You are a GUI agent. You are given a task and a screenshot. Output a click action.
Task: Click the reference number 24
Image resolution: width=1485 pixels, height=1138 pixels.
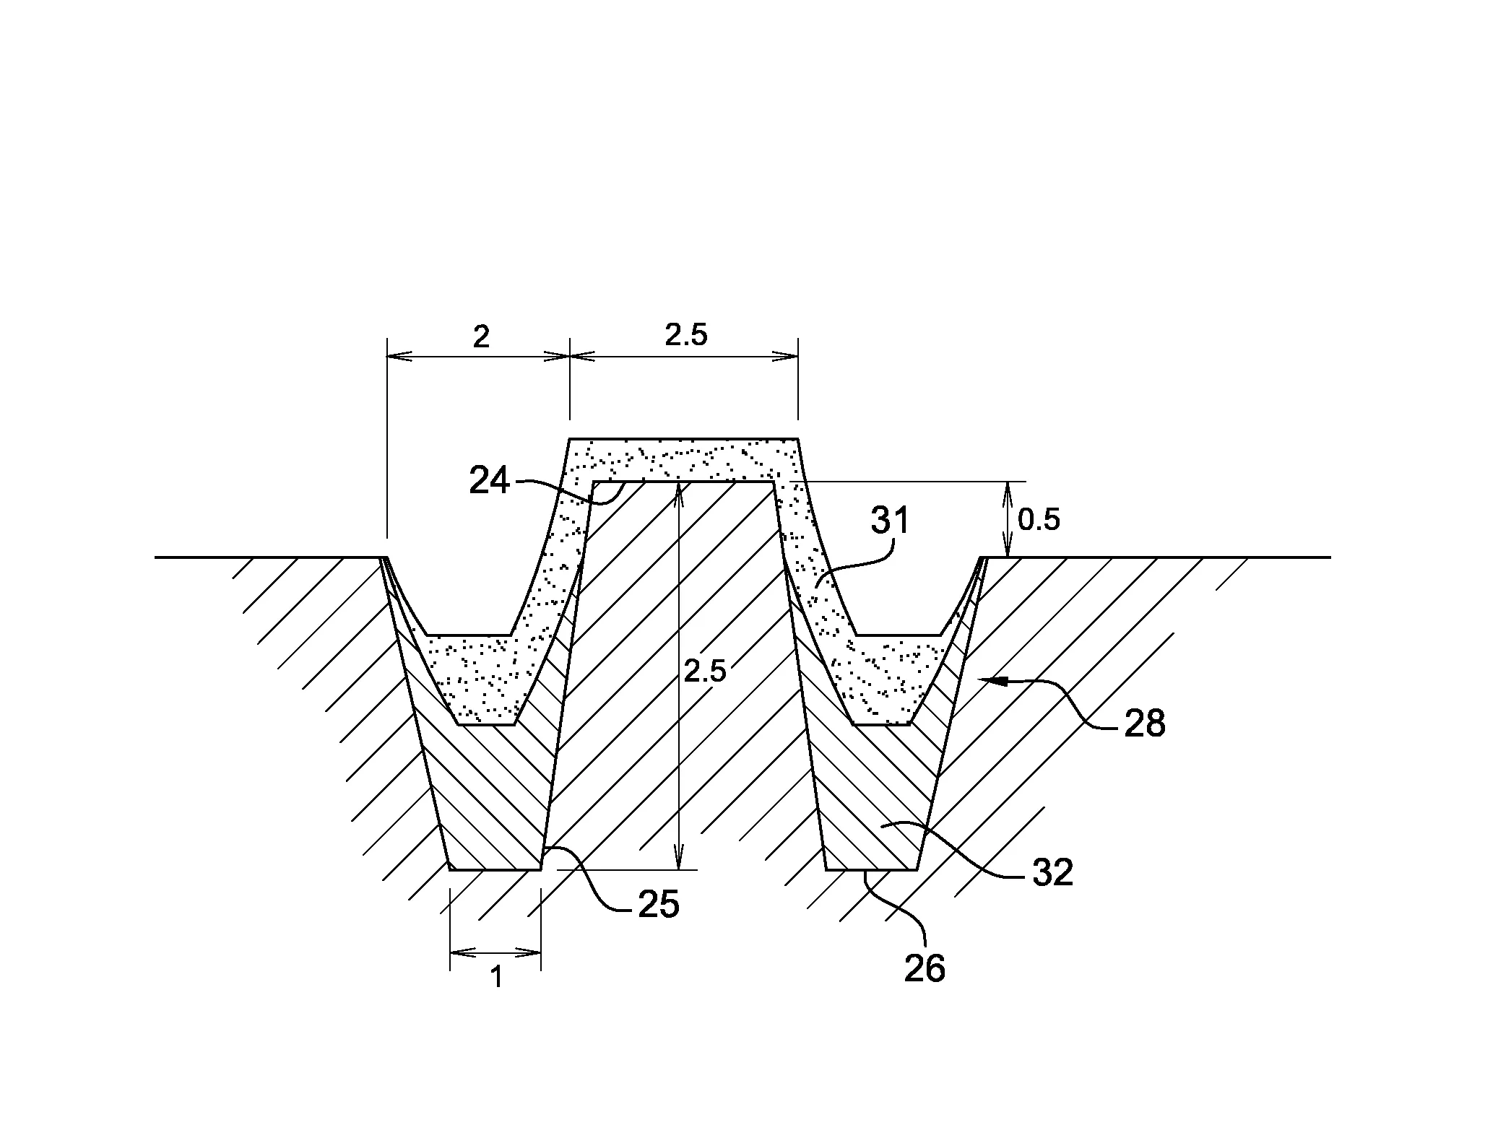pos(490,480)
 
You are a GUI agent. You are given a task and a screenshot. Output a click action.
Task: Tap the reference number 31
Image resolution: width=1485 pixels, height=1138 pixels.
pos(891,520)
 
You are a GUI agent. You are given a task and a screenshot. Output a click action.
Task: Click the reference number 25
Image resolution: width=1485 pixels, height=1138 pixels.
pos(659,904)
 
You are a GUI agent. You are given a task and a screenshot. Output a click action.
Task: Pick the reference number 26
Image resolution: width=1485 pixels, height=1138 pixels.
pos(925,968)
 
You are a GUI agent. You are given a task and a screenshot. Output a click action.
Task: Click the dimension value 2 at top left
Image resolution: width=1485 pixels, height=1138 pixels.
pos(481,336)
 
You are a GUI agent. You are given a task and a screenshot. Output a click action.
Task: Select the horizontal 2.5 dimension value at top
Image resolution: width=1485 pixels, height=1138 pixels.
pos(685,334)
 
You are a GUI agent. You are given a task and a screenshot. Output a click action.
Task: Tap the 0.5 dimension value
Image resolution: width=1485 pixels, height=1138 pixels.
pos(1039,519)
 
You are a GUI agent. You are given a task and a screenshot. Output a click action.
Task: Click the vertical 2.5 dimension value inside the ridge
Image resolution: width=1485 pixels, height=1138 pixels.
pos(705,672)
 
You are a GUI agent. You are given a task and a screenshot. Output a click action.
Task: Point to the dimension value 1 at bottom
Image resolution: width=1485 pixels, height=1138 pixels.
pos(496,978)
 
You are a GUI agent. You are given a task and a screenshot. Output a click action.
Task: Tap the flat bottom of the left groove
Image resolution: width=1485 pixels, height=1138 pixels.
pos(495,869)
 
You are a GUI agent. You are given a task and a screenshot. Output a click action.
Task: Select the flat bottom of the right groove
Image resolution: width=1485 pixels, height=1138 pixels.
pos(872,869)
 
